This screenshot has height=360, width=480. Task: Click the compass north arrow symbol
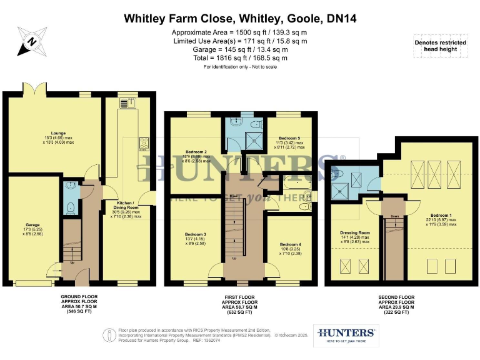pos(32,44)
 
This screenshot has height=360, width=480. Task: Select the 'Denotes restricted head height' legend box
pos(440,45)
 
